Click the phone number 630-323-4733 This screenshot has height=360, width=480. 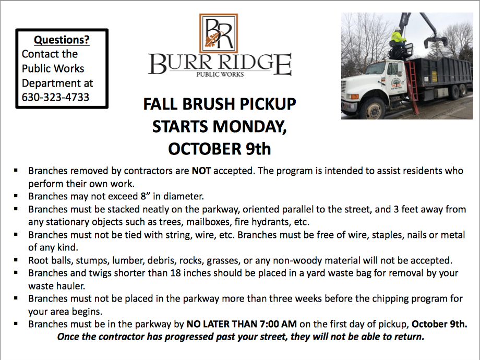tap(55, 97)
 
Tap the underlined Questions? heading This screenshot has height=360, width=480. tap(62, 40)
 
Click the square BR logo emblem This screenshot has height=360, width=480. tap(218, 33)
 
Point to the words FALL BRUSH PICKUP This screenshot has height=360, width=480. tap(220, 105)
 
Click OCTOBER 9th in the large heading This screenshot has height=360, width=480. tap(219, 149)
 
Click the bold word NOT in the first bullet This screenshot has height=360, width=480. tap(201, 171)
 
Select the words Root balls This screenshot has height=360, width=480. tap(50, 260)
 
